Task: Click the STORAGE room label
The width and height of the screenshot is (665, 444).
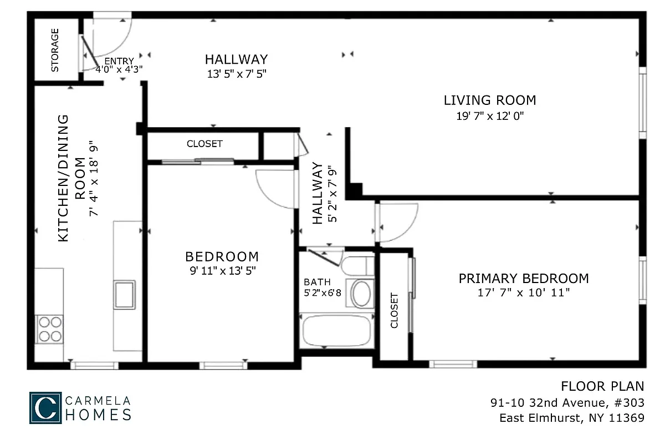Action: point(55,51)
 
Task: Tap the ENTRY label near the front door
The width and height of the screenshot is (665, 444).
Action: point(119,61)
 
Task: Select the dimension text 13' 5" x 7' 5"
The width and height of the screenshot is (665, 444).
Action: point(237,74)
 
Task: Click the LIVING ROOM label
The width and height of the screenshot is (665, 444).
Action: point(489,100)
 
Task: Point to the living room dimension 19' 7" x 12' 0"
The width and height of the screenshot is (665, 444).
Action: point(489,116)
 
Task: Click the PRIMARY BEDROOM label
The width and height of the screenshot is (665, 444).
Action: point(523,278)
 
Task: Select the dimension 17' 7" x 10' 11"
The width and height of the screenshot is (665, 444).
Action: point(523,292)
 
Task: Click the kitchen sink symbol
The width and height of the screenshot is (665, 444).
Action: point(124,294)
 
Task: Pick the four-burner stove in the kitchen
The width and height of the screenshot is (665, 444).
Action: point(49,329)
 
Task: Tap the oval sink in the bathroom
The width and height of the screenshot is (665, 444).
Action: point(362,294)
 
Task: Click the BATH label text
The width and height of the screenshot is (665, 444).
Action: point(317,282)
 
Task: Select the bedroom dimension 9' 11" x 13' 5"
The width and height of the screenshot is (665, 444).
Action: point(222,271)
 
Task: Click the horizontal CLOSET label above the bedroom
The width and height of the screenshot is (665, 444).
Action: point(204,144)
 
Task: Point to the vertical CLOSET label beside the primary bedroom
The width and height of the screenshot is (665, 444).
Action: point(395,310)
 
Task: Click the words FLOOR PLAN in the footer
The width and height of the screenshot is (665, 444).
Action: point(602,386)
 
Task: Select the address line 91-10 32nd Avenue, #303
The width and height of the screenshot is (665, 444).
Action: point(567,402)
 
